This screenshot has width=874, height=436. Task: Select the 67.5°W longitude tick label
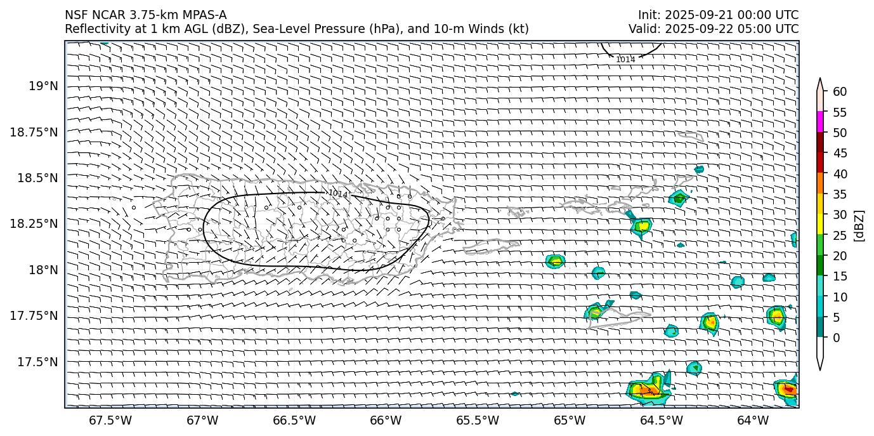click(110, 420)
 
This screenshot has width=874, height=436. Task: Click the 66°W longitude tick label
click(386, 420)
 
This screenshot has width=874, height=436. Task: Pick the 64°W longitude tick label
click(753, 420)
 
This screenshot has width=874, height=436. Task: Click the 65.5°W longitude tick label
click(478, 420)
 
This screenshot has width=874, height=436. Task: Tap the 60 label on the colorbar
click(840, 92)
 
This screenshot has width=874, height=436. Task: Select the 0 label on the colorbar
click(836, 338)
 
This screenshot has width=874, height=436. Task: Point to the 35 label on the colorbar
click(840, 194)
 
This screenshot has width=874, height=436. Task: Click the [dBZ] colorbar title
click(859, 225)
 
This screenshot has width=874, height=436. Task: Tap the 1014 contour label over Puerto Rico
click(338, 193)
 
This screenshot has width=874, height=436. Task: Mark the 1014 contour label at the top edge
click(625, 60)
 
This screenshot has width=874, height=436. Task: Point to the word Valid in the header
click(642, 29)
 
